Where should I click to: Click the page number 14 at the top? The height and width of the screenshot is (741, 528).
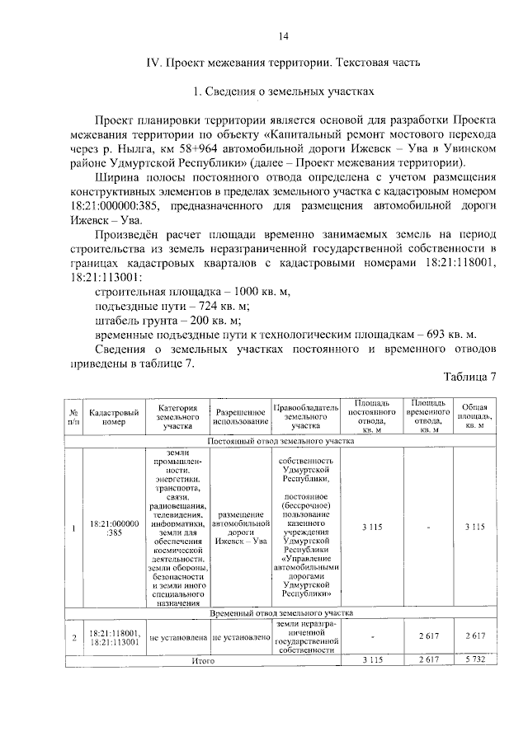282,35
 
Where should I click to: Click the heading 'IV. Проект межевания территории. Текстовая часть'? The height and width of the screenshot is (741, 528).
283,63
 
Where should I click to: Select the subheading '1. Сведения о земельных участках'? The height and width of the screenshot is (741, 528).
283,90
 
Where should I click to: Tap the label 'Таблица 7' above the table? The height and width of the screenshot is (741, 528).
470,378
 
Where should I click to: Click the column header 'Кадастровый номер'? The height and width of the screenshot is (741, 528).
114,416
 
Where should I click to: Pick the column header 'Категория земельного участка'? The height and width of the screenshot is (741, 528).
177,416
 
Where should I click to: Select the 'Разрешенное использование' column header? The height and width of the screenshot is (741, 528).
241,416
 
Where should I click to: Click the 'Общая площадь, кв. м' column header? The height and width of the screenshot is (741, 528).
474,416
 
